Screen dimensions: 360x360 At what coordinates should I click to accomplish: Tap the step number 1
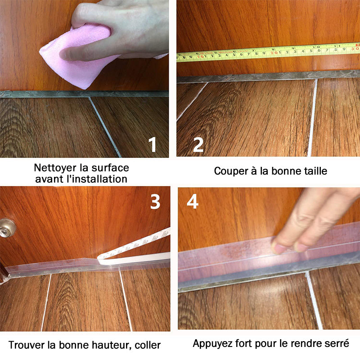tap(153, 144)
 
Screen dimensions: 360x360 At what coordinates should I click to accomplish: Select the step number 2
tap(198, 144)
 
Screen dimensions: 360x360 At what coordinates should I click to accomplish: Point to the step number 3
tap(155, 202)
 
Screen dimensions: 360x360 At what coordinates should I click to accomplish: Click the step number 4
tap(193, 201)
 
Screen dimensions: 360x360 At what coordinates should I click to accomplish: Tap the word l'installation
tap(97, 179)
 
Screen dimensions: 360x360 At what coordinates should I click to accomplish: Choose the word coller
tap(148, 345)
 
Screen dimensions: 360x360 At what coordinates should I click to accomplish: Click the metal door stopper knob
tap(7, 228)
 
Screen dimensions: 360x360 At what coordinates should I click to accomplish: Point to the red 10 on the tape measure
tap(200, 56)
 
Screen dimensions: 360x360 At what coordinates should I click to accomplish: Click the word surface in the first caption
tap(110, 168)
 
